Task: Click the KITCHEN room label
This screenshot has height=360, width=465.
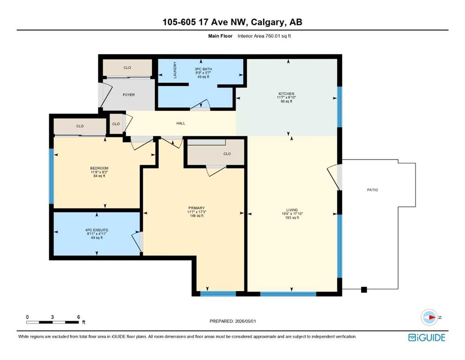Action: pos(287,93)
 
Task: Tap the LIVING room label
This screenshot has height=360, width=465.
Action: pos(292,210)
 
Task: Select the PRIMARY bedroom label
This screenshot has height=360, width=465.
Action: pos(197,208)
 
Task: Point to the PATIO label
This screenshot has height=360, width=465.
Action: pos(372,190)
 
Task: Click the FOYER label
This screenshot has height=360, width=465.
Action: pos(129,95)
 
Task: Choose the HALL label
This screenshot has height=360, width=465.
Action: pos(181,123)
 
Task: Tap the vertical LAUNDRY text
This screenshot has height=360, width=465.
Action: pos(175,70)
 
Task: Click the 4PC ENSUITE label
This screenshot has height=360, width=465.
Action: pos(96,230)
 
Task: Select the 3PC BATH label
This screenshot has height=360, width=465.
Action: pos(203,69)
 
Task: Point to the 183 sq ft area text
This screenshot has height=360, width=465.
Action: pos(292,217)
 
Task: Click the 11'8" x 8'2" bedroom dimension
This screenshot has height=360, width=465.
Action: pos(99,172)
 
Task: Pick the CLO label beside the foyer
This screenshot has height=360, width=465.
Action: pos(127,67)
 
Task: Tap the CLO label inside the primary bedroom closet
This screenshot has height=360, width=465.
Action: pos(227,154)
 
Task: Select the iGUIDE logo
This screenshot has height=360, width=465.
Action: pos(427,337)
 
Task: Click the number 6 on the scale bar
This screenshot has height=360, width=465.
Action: pos(79,317)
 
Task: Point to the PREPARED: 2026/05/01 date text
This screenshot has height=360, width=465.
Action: pos(232,321)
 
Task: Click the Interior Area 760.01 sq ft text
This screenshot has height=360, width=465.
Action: pos(264,36)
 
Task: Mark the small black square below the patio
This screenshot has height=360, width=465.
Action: pos(364,290)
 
